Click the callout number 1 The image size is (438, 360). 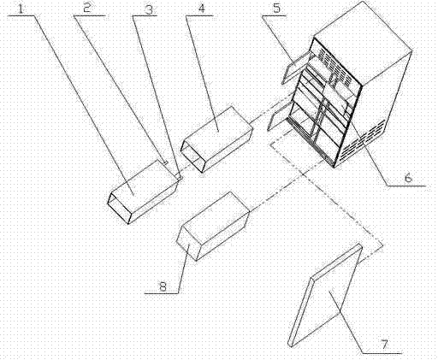[21, 8]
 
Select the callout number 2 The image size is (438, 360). [87, 8]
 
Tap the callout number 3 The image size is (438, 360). [149, 9]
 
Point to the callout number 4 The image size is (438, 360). [201, 9]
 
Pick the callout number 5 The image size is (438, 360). [276, 9]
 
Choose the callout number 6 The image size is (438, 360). [409, 178]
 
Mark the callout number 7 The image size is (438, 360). [385, 345]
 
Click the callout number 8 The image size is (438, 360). [163, 286]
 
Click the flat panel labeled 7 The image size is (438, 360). [326, 295]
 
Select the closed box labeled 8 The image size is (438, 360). [213, 226]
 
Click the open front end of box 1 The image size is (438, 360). [118, 208]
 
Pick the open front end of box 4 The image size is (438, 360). [192, 157]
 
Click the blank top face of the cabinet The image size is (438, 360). [363, 43]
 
